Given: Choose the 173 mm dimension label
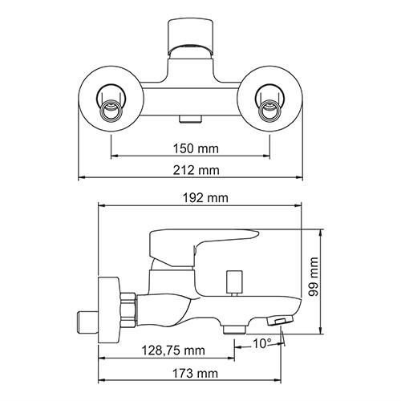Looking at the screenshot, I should click(x=196, y=373).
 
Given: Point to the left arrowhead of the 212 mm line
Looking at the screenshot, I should click(x=81, y=178).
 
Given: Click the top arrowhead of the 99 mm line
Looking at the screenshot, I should click(x=322, y=232).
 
